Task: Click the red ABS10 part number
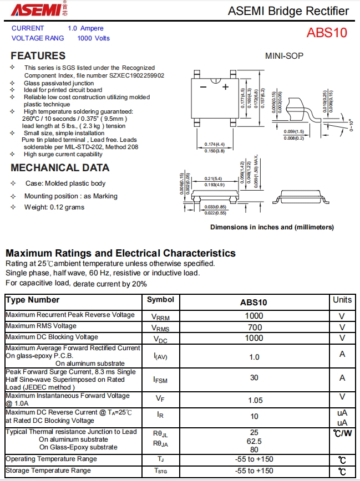(x=327, y=33)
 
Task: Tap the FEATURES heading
(x=38, y=56)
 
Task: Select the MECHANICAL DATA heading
(x=60, y=168)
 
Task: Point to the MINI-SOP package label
(x=284, y=56)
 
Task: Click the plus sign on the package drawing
(x=225, y=87)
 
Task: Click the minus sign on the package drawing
(x=203, y=87)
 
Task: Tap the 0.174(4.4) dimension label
(x=215, y=145)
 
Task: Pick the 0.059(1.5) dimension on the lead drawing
(x=294, y=131)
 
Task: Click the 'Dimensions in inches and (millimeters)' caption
(x=272, y=227)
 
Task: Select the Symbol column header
(x=160, y=300)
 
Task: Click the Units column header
(x=342, y=300)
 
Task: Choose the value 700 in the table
(x=254, y=327)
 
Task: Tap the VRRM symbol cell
(x=160, y=316)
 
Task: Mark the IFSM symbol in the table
(x=160, y=380)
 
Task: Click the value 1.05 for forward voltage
(x=254, y=400)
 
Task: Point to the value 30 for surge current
(x=254, y=377)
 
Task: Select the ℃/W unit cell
(x=342, y=433)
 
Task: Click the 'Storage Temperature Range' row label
(x=48, y=470)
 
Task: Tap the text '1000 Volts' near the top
(x=93, y=38)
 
